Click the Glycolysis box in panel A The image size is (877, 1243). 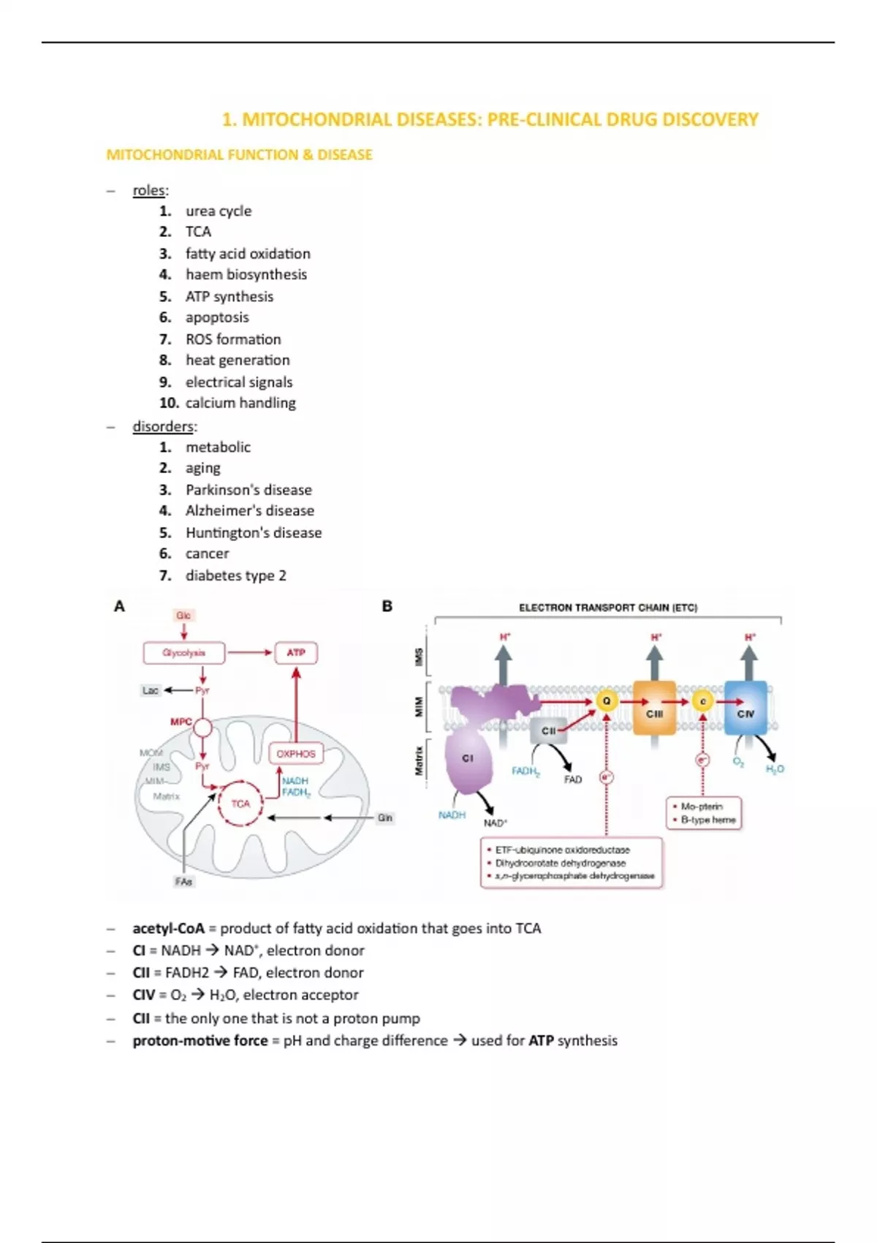click(x=184, y=653)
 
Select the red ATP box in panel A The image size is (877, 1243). click(x=296, y=653)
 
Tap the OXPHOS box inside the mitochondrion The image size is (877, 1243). click(x=295, y=754)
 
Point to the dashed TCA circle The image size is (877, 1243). click(x=240, y=804)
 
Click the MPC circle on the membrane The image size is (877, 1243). click(x=202, y=727)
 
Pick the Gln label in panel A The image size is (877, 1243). click(x=385, y=818)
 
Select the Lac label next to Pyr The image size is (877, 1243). click(x=151, y=690)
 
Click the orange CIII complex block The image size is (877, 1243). click(x=654, y=708)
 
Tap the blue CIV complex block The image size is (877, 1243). click(x=745, y=708)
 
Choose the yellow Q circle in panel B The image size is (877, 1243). click(x=607, y=701)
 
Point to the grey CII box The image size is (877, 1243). click(x=549, y=731)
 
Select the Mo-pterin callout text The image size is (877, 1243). click(x=702, y=806)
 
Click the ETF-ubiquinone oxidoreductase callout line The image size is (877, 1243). click(x=562, y=850)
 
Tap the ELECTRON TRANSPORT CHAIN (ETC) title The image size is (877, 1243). click(x=608, y=608)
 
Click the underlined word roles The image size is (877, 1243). click(x=150, y=190)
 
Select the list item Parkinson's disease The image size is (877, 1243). click(x=248, y=490)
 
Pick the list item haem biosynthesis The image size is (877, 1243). click(x=246, y=275)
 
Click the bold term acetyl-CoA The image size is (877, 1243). click(x=168, y=929)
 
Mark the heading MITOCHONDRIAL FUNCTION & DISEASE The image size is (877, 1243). click(x=240, y=155)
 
